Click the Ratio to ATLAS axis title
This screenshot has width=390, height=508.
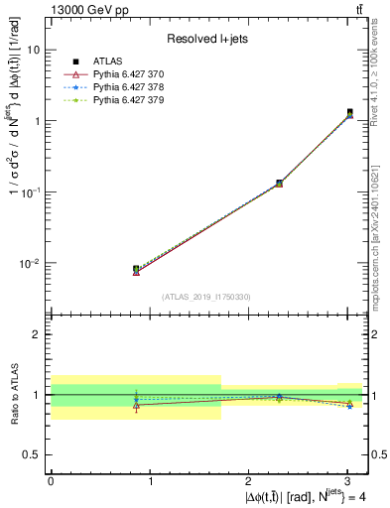click(x=13, y=394)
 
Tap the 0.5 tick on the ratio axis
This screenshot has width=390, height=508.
click(x=32, y=454)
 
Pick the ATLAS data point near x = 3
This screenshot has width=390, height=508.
click(x=349, y=112)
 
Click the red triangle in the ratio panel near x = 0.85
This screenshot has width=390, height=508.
click(x=136, y=405)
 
